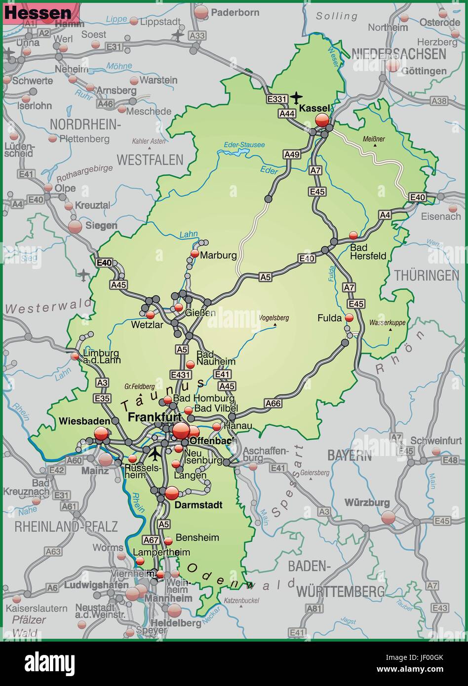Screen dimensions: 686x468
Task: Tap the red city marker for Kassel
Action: pyautogui.click(x=322, y=119)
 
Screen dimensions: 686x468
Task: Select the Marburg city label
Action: pyautogui.click(x=218, y=255)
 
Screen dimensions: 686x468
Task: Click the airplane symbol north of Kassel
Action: pyautogui.click(x=297, y=97)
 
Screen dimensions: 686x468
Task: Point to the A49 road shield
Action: pyautogui.click(x=292, y=154)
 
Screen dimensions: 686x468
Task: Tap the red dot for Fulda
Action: pyautogui.click(x=349, y=318)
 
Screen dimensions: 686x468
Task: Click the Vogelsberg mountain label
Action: pyautogui.click(x=274, y=318)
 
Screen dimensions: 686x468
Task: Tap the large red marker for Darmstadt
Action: pyautogui.click(x=172, y=493)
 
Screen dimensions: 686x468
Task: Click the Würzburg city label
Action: pyautogui.click(x=367, y=503)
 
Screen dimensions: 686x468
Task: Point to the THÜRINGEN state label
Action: pyautogui.click(x=427, y=275)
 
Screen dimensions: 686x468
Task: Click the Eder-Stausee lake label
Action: pyautogui.click(x=244, y=145)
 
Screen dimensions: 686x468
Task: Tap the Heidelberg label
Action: pyautogui.click(x=176, y=622)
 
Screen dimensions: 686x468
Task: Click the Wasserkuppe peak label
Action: pyautogui.click(x=387, y=322)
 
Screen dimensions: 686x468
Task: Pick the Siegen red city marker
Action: pyautogui.click(x=75, y=227)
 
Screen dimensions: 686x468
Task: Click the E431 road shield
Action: pyautogui.click(x=180, y=375)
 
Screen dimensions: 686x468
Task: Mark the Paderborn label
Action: pyautogui.click(x=234, y=12)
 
